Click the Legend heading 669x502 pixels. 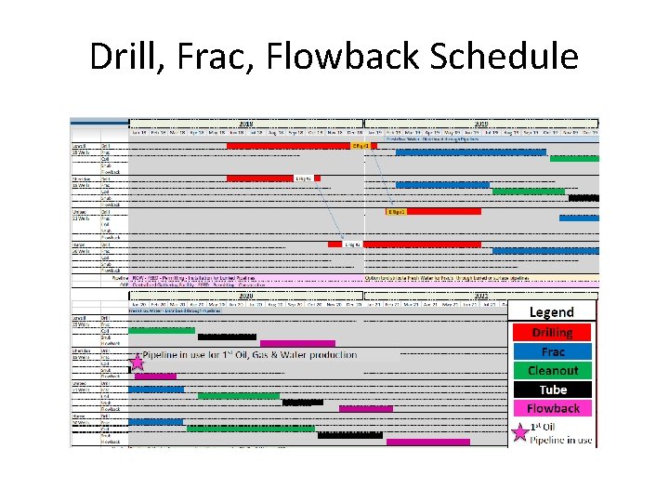coord(552,312)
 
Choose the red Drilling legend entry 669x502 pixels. coord(552,333)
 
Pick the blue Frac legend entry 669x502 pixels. coord(552,351)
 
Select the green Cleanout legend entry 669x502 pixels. coord(552,370)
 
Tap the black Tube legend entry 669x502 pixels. coord(552,390)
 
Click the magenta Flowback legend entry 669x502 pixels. coord(552,408)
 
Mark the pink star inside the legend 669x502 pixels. coord(520,431)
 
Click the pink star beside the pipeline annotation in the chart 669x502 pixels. coord(137,360)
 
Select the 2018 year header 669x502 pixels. coord(246,123)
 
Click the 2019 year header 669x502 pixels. coord(481,123)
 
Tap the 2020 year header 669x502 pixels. coord(246,296)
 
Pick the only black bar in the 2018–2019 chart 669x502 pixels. coord(584,197)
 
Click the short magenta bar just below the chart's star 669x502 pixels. coord(155,376)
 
